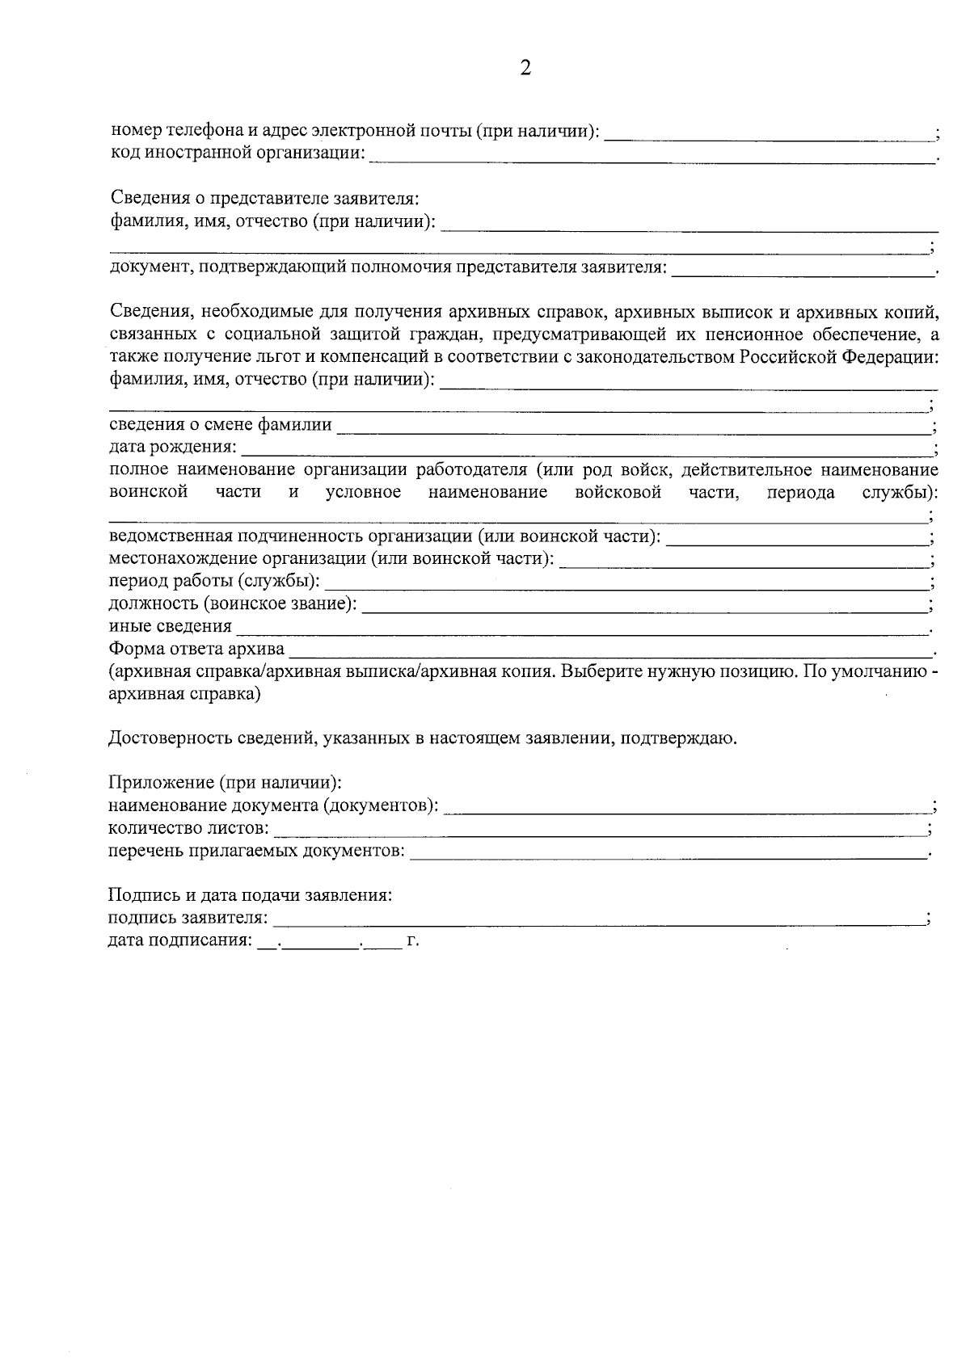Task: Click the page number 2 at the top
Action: [x=525, y=69]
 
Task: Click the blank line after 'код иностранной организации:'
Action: [x=651, y=159]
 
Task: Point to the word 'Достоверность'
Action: [x=162, y=738]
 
